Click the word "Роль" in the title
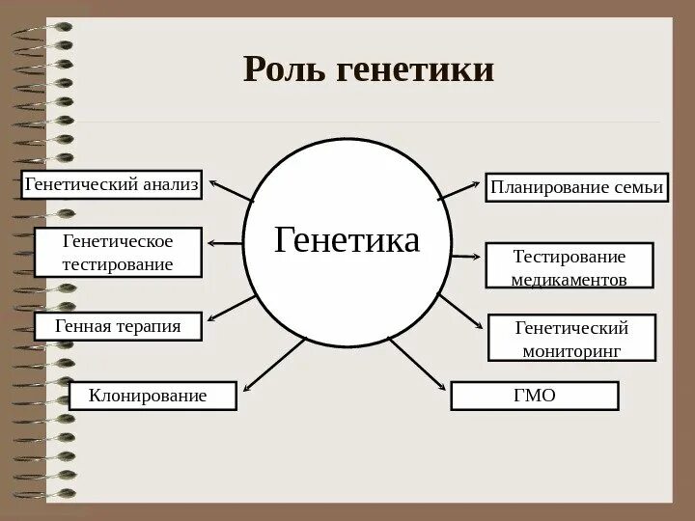coord(285,69)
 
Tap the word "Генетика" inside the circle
coord(347,240)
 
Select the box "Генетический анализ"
coord(111,183)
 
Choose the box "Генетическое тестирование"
coord(118,252)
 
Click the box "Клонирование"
coord(153,395)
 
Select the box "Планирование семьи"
coord(576,187)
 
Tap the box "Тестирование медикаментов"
coord(569,266)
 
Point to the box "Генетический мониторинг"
coord(571,339)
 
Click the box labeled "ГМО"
coord(534,396)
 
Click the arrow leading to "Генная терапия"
coord(231,308)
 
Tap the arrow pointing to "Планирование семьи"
coord(460,188)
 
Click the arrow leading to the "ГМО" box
coord(417,363)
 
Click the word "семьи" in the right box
coord(639,187)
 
